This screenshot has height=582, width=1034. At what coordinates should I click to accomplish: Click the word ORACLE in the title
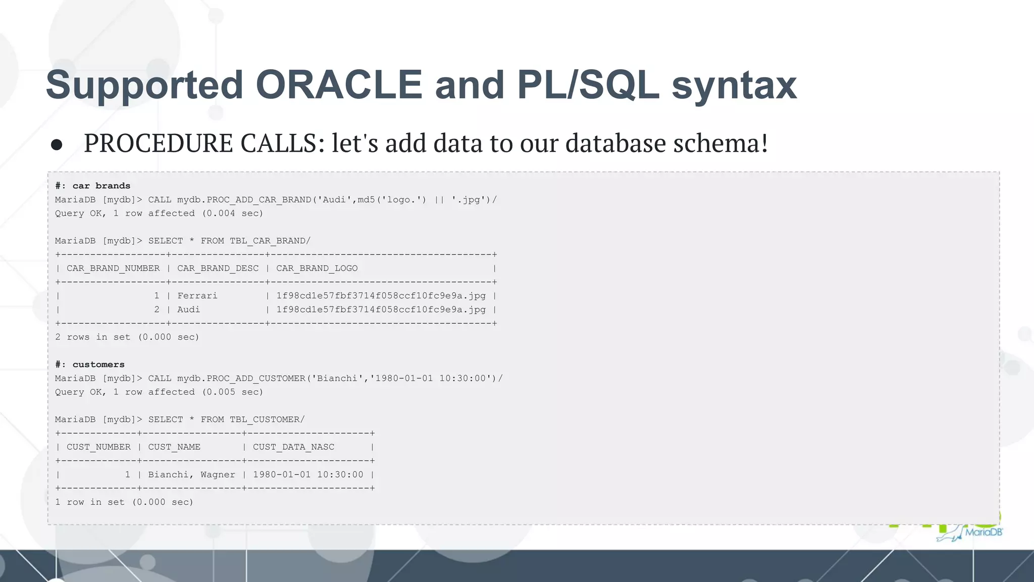tap(339, 85)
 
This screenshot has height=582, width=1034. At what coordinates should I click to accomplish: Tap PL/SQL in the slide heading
tap(588, 85)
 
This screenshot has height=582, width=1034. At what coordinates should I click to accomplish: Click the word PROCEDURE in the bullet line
tap(158, 143)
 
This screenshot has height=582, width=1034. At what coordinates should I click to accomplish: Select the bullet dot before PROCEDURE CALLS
tap(57, 145)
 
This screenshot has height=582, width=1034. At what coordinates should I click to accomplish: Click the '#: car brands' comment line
tap(92, 186)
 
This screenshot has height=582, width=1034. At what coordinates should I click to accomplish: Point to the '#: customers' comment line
tap(89, 364)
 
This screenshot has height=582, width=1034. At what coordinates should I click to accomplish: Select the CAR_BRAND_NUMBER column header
tap(113, 269)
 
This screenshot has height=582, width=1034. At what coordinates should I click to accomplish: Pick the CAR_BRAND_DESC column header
tap(218, 269)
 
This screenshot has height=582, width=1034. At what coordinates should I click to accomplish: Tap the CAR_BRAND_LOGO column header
tap(317, 269)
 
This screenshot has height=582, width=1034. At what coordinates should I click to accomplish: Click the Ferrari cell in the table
tap(197, 296)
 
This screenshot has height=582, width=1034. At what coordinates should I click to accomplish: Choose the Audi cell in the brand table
tap(188, 310)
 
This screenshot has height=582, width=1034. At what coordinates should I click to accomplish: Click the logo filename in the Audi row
tap(381, 310)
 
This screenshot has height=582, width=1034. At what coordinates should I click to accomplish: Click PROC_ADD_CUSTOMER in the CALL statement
tap(256, 379)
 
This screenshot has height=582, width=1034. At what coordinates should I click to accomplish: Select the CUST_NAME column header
tap(174, 447)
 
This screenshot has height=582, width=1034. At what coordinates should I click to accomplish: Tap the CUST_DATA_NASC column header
tap(293, 447)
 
